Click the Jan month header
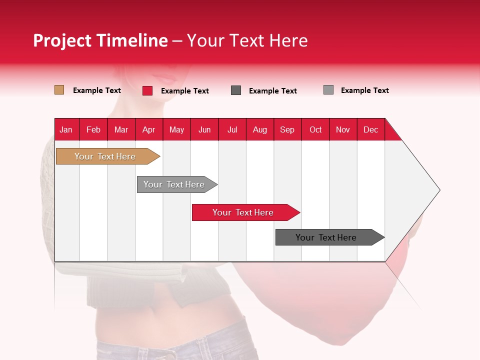coord(66,129)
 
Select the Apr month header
coord(149,129)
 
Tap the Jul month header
coord(232,129)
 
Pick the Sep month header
coord(287,129)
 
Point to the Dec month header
coord(370,129)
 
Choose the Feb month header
coord(93,129)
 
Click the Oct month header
coord(315,129)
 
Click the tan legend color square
coord(59,90)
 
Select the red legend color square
coord(147,90)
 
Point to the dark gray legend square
coord(236,90)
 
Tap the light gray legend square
coord(328,90)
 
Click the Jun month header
coord(204,129)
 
